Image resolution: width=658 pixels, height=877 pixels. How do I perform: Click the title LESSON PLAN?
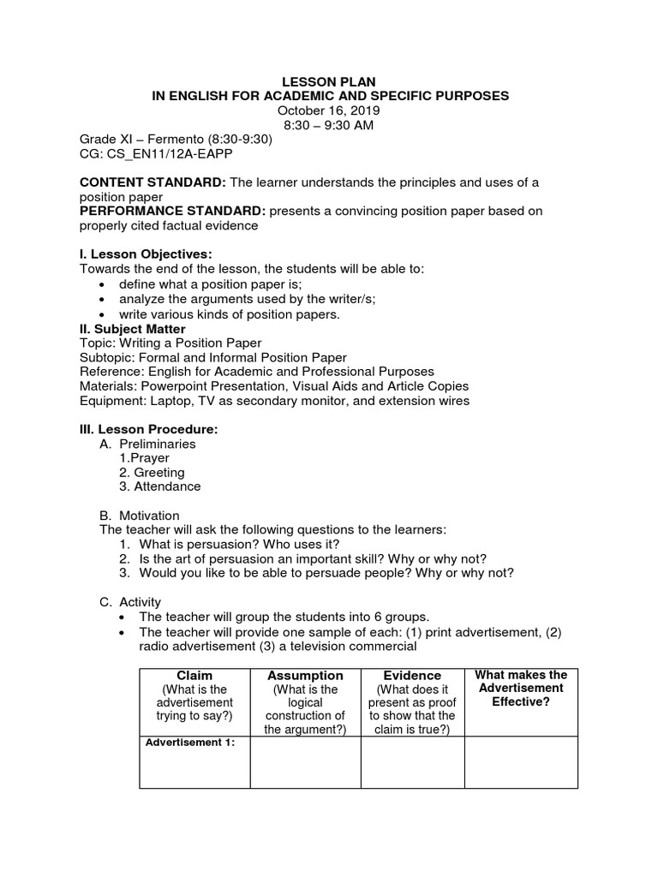click(x=329, y=81)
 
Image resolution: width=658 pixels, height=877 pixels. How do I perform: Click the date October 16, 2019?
click(x=329, y=110)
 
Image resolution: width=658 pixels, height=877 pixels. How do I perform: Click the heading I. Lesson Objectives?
click(x=145, y=254)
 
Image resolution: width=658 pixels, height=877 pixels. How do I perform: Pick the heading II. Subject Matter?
click(x=132, y=329)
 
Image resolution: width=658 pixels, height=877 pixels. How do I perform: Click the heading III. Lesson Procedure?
click(x=149, y=428)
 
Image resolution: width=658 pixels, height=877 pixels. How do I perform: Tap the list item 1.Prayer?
click(x=145, y=458)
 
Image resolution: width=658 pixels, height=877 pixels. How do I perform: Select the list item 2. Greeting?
click(x=152, y=472)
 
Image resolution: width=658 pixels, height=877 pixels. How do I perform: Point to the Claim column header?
click(x=194, y=676)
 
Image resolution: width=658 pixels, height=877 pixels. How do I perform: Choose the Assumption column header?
click(x=305, y=676)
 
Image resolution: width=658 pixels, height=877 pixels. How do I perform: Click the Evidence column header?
click(x=412, y=676)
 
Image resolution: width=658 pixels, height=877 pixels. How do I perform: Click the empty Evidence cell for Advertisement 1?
click(x=412, y=762)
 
